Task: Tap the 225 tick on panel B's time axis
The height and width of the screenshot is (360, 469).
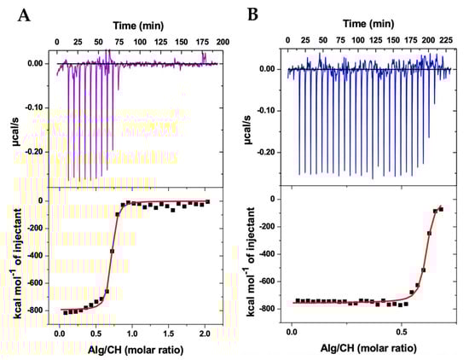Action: click(443, 40)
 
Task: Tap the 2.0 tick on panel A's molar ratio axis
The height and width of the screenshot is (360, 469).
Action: click(206, 331)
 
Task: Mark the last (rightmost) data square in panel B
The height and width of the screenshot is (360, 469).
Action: click(441, 208)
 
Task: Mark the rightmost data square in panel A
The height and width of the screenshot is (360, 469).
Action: click(208, 203)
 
